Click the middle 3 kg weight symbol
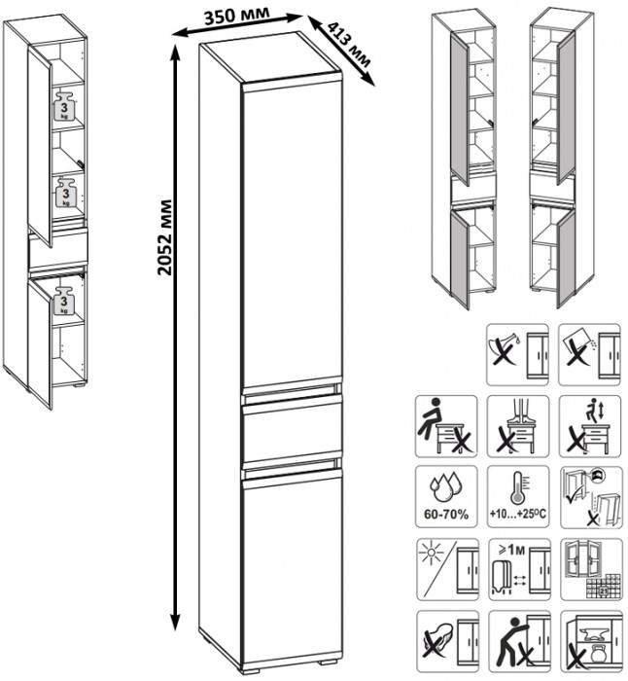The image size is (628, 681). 66,191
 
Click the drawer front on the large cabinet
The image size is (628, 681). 290,431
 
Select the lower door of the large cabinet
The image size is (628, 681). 290,564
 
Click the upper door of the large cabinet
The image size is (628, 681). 290,233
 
